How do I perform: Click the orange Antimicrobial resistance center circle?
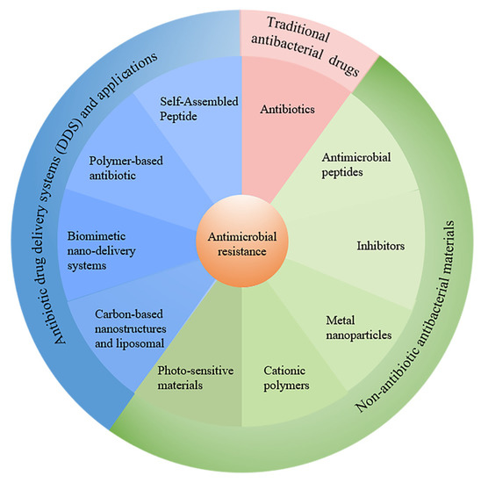tap(241, 241)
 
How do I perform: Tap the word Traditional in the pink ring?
tap(298, 24)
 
